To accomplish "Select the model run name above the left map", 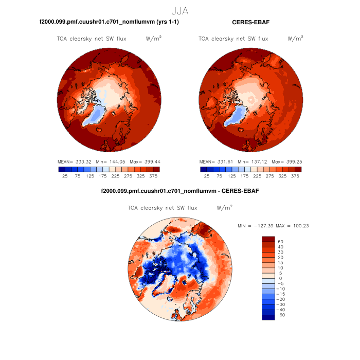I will [x=109, y=23].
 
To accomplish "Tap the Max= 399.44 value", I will [x=143, y=161].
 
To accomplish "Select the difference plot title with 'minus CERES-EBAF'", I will [x=179, y=191].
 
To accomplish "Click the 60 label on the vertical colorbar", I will [x=280, y=241].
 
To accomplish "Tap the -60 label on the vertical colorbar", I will [x=281, y=315].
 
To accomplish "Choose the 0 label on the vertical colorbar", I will [x=280, y=278].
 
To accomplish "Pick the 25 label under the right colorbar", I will [x=207, y=176].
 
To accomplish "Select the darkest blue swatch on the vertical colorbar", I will [x=268, y=317].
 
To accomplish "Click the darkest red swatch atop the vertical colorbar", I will [x=268, y=239].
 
